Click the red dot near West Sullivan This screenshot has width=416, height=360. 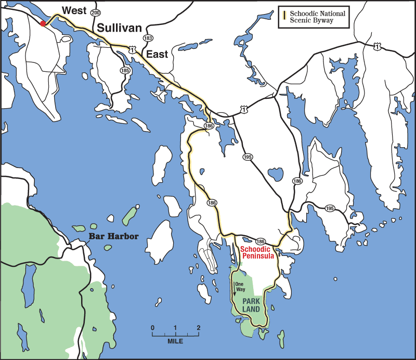click(x=43, y=23)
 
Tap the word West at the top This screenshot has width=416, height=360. click(x=73, y=10)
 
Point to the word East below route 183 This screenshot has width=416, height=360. click(x=157, y=54)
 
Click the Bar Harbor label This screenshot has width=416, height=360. click(x=113, y=236)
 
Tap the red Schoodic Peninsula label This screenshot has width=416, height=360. click(x=258, y=253)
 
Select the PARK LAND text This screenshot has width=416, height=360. click(x=251, y=305)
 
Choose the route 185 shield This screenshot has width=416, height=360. click(x=125, y=70)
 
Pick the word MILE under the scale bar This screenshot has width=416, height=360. click(x=175, y=341)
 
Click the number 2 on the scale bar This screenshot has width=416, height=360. click(x=198, y=328)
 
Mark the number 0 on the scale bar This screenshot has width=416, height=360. click(x=152, y=328)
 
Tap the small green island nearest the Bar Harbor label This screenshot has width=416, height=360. click(x=93, y=226)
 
